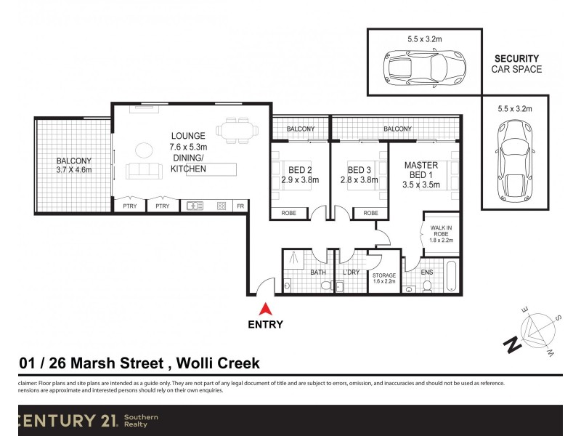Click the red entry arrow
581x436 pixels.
click(x=266, y=308)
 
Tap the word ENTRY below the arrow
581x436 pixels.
click(x=266, y=325)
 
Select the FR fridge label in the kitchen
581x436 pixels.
click(x=240, y=206)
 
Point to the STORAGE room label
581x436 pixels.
click(x=384, y=276)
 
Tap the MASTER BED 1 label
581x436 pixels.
click(x=420, y=170)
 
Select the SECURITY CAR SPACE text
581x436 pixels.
click(x=516, y=64)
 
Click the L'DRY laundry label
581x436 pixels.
click(x=352, y=272)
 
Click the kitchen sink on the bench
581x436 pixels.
click(x=194, y=206)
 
